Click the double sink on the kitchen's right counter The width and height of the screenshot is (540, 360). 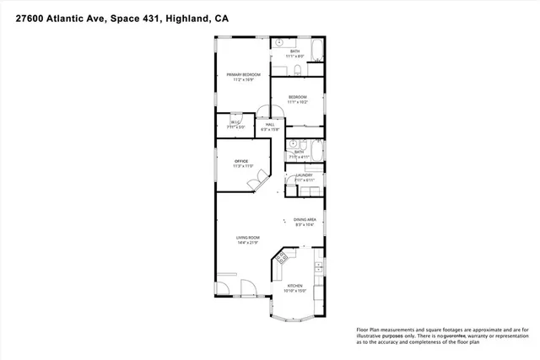(x=318, y=270)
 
